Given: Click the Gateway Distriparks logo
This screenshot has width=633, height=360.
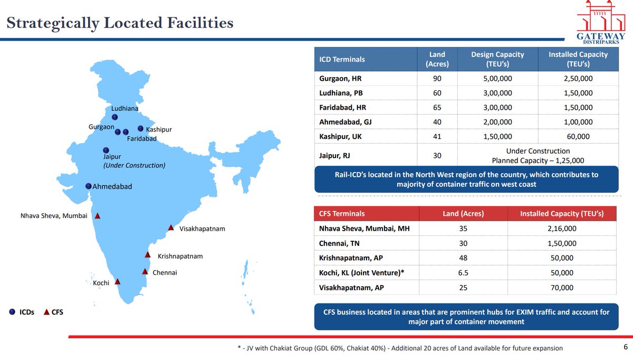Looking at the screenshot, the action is coord(601,22).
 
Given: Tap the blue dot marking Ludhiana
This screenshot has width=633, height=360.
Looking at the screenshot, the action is coord(115,117).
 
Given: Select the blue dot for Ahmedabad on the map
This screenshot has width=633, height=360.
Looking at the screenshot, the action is coord(89,186).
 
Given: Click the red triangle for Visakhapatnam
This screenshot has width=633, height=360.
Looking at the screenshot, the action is coord(171,228).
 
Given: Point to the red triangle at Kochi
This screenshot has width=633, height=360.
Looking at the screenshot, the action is coord(118,282).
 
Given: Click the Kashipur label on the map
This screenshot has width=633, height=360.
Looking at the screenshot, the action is coord(159,129).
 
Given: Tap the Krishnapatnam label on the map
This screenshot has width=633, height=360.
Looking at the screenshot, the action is coord(180,256).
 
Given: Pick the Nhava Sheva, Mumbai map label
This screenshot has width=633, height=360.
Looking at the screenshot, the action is coord(54,216).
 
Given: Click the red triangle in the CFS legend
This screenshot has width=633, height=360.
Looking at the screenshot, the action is coord(46,312).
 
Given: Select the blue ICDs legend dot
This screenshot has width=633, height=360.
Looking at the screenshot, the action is coord(12,311).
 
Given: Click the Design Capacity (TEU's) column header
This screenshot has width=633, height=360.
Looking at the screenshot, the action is coord(497,59).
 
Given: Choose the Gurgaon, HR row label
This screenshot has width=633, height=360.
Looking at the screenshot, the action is coord(340,78).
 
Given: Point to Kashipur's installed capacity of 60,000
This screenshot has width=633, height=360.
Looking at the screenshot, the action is coord(578,137).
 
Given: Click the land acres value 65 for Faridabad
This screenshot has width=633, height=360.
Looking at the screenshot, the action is coord(437,108).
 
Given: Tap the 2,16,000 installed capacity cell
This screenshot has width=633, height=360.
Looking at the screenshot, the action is coord(562,229).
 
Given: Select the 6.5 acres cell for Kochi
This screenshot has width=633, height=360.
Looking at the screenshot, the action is coord(463,273).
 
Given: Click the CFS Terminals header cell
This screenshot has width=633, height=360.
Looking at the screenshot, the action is coord(342,213).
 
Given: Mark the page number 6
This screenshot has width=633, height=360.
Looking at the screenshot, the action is coord(626,347).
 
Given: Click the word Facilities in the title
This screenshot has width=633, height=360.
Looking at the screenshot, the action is coord(200,23).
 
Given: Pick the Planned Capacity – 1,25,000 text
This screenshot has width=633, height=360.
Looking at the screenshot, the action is coord(538,160).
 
